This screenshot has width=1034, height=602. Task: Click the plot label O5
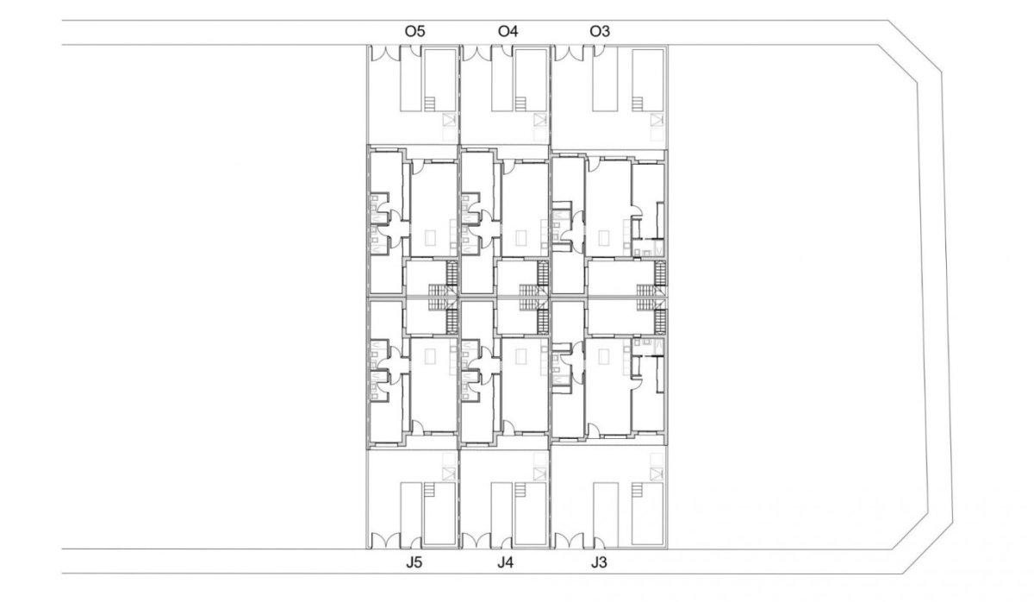point(414,32)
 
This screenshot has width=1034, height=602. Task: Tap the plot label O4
point(508,32)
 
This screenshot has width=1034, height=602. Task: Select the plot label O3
point(600,32)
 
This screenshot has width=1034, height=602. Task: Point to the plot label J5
point(414,565)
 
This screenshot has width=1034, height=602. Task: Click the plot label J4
point(508,565)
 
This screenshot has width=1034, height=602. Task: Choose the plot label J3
point(600,565)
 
